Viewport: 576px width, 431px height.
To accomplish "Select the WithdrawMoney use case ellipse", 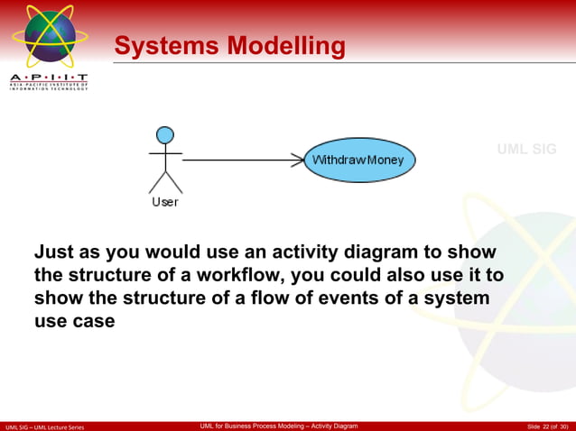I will (x=358, y=160).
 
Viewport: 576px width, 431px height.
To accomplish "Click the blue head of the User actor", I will (x=165, y=135).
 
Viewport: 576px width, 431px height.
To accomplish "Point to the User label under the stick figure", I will (x=165, y=202).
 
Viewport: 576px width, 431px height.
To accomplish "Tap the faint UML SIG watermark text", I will (x=526, y=149).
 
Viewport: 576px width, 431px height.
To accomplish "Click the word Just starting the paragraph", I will (x=56, y=252).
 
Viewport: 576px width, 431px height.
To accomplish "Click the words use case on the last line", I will (x=75, y=321).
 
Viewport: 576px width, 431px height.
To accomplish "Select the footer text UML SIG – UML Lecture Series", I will (x=44, y=426).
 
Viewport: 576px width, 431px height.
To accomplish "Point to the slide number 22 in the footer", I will (x=544, y=426).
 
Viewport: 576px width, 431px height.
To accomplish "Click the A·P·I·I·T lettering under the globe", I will (x=50, y=78).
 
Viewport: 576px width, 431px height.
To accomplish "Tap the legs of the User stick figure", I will (x=165, y=182).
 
